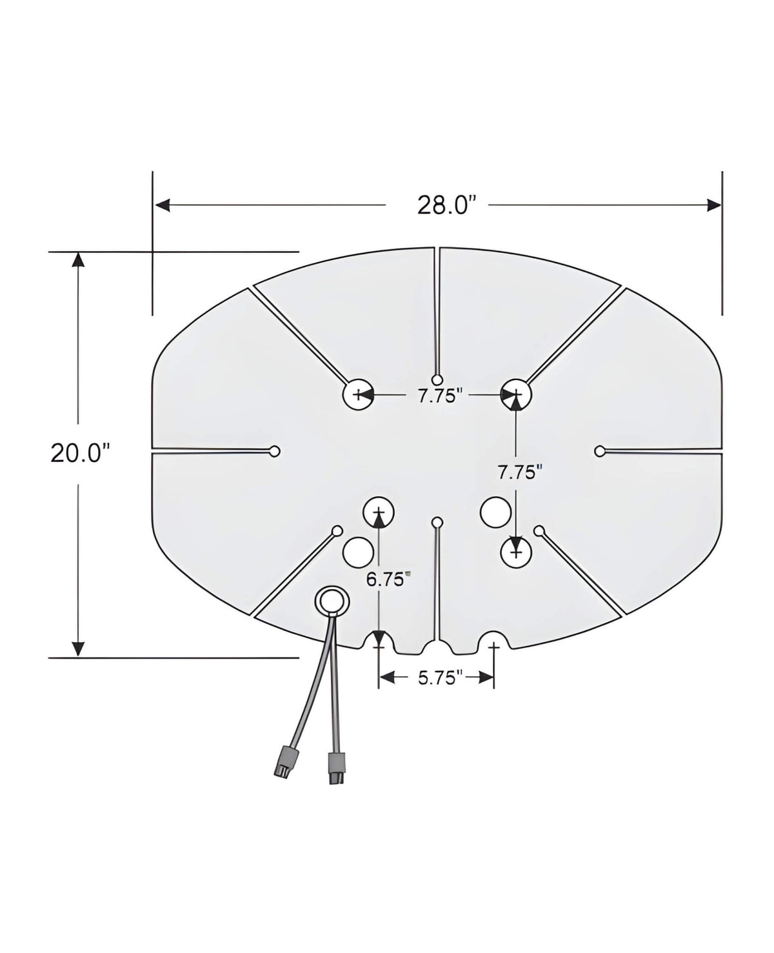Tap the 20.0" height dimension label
tap(77, 453)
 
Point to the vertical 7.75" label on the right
tap(517, 472)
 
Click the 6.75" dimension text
tap(388, 579)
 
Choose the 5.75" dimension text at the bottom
tap(441, 677)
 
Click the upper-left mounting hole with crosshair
tap(358, 394)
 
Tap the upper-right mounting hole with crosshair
tap(516, 394)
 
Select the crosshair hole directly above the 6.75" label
tap(379, 513)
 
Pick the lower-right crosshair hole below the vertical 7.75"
tap(516, 553)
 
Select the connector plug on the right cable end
tap(335, 768)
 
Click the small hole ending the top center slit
tap(438, 379)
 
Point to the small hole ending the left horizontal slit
tap(275, 451)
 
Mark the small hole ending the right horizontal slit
tap(599, 451)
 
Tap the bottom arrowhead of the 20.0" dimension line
tap(78, 648)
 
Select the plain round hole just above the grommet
tap(358, 551)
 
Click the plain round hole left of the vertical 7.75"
tap(495, 511)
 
